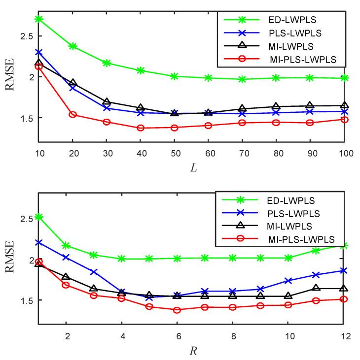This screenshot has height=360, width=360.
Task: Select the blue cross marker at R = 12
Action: [x=344, y=270]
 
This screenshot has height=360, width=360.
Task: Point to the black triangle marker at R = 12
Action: [x=344, y=288]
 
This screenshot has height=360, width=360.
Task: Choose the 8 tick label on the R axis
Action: [x=233, y=336]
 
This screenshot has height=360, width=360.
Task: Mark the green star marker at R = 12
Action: [x=344, y=245]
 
